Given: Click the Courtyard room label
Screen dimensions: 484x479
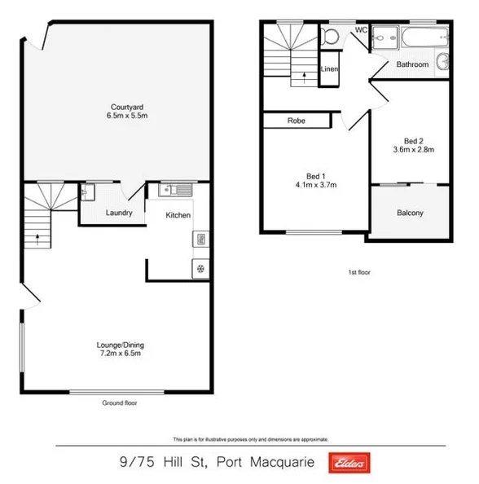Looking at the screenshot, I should pos(121,107).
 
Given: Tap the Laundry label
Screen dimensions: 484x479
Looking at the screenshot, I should pos(119,214).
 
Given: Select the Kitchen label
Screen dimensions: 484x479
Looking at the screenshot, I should pos(178,215).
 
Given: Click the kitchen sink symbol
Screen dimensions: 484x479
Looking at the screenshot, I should pos(175,191).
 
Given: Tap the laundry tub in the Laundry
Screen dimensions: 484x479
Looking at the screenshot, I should pos(89,193).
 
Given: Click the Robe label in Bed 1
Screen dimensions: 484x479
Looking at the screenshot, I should pos(296,121).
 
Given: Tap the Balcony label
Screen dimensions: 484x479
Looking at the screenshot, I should pos(410,213).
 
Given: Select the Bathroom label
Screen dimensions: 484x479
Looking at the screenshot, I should pos(412,64).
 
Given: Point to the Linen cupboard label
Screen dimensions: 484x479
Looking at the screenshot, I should pos(329,69).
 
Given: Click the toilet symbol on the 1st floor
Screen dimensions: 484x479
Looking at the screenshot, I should pos(330,36).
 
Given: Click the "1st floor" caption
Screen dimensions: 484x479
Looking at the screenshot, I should pos(358,273).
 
